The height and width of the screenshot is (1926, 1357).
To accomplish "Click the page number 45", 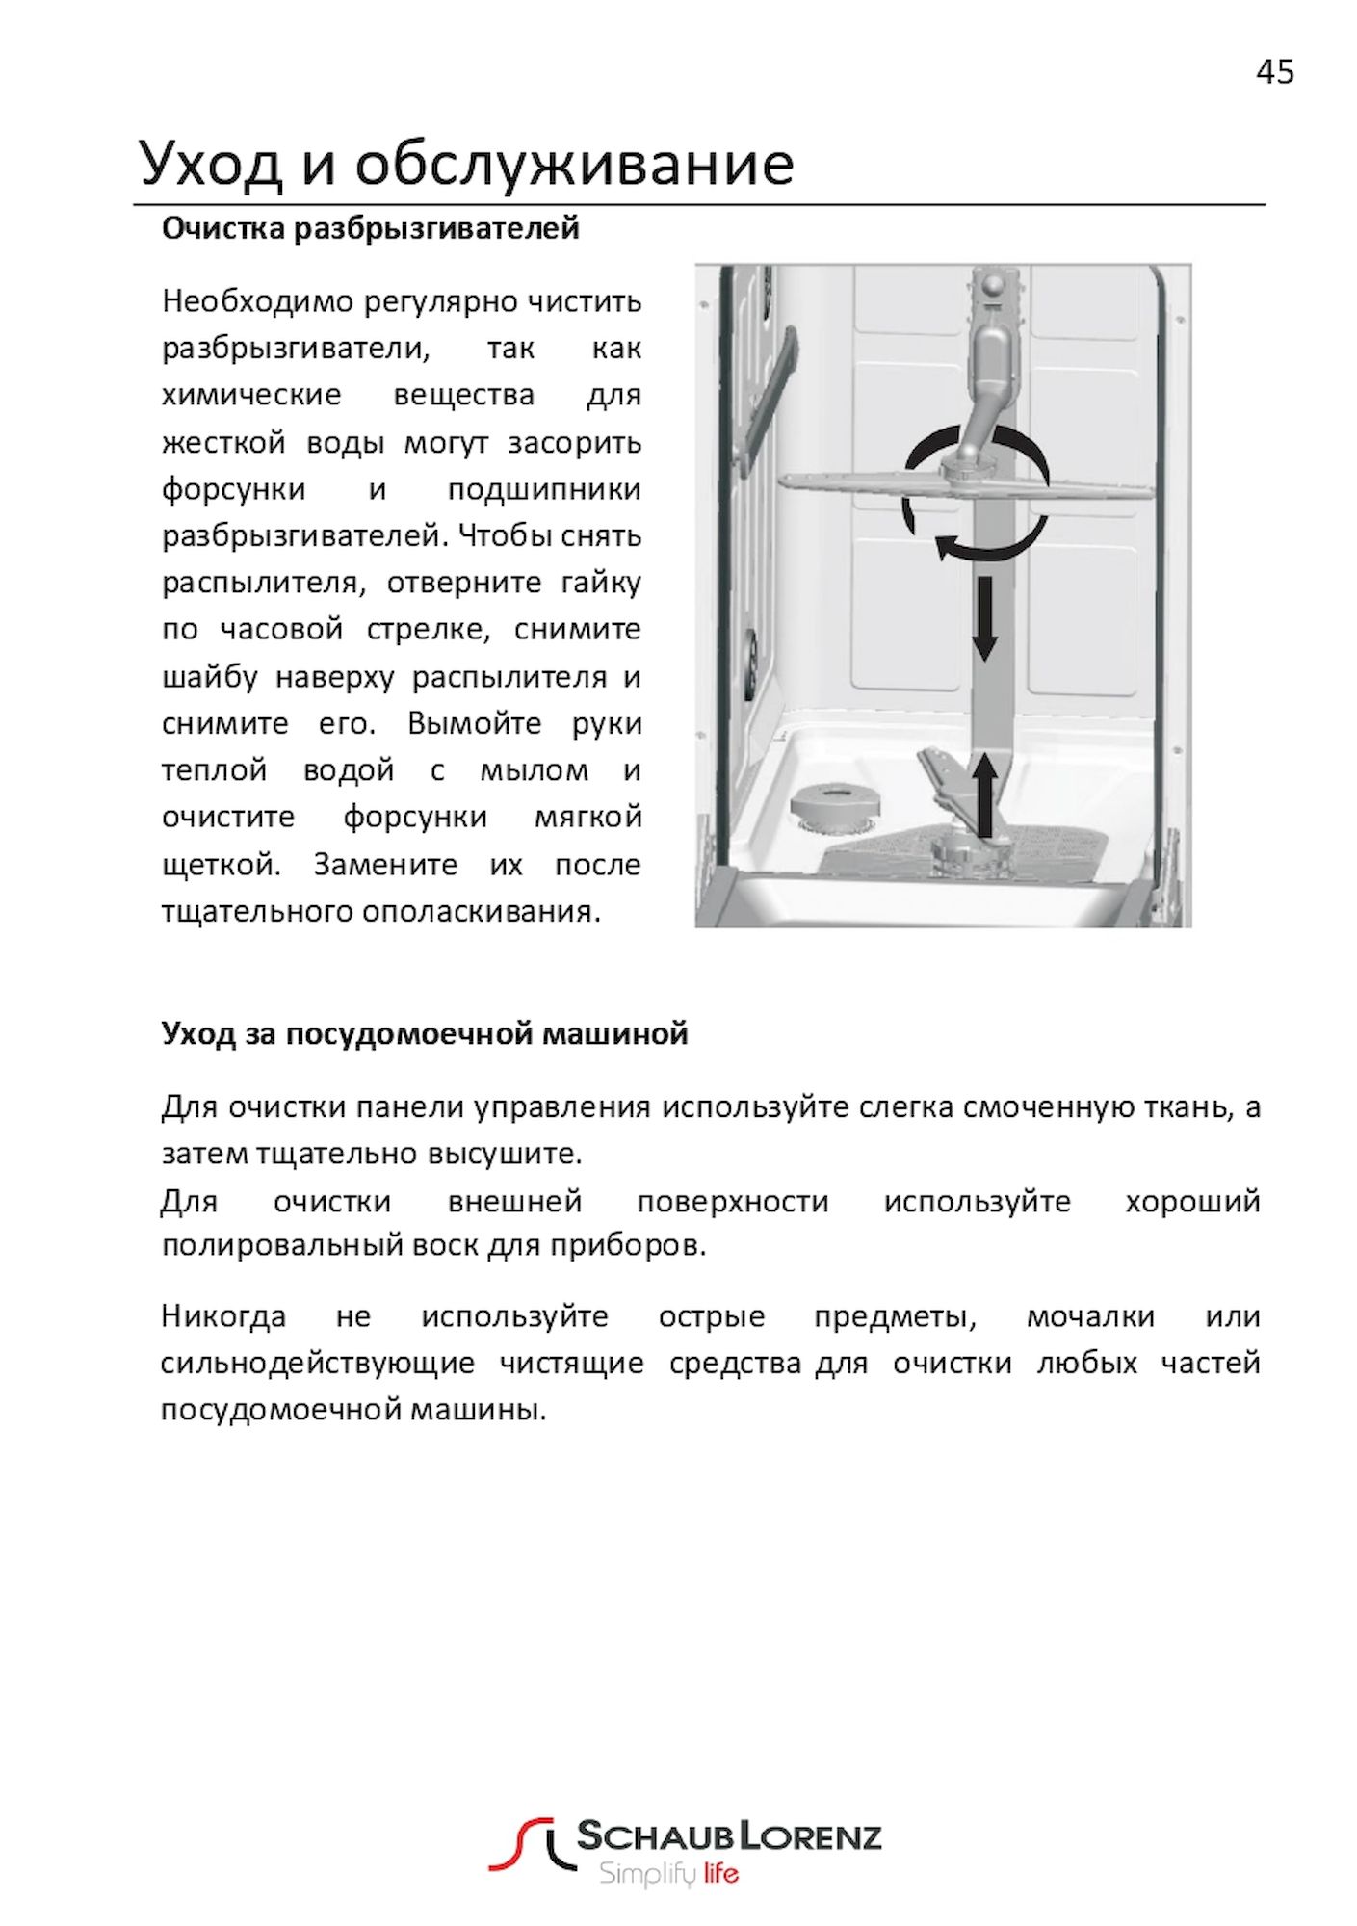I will [x=1274, y=72].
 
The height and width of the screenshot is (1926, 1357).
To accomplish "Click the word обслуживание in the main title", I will [x=574, y=164].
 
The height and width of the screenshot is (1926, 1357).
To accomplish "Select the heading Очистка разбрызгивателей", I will [x=370, y=229].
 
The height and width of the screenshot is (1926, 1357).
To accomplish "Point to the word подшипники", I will [x=544, y=489].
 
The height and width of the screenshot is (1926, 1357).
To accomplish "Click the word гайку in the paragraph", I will [x=604, y=583].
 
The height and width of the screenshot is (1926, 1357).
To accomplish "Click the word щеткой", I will [x=221, y=864].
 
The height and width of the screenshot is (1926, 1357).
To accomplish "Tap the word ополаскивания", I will [x=481, y=911].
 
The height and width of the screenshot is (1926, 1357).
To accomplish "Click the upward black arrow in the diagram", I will [x=983, y=794].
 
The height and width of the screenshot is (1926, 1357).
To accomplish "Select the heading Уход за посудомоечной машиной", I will [x=424, y=1034].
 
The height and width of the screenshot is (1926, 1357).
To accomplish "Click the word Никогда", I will [x=223, y=1315].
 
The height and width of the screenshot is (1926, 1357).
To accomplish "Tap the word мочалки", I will [x=1090, y=1315].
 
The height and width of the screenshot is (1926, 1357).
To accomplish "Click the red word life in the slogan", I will [x=720, y=1873].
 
